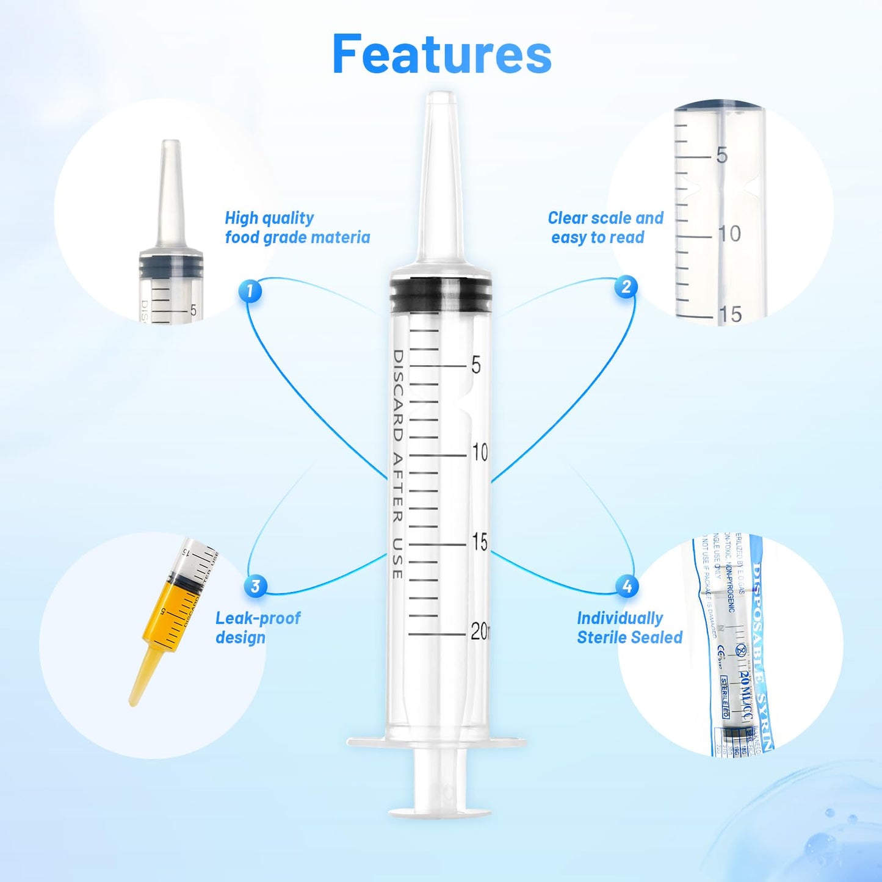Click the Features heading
(x=442, y=55)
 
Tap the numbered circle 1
(x=250, y=291)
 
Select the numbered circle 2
(x=626, y=286)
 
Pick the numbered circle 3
(x=255, y=586)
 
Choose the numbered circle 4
(x=627, y=586)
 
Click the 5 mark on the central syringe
(x=476, y=365)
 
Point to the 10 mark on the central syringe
(x=479, y=453)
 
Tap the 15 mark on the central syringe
(x=480, y=542)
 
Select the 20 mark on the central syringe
(x=479, y=632)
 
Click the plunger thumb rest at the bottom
(x=440, y=811)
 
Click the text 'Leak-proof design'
(x=258, y=627)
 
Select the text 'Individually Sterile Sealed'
(x=629, y=627)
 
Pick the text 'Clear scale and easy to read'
(x=605, y=228)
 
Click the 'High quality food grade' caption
(x=297, y=228)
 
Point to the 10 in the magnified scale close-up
(x=729, y=234)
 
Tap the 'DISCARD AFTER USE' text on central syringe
(x=397, y=464)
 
